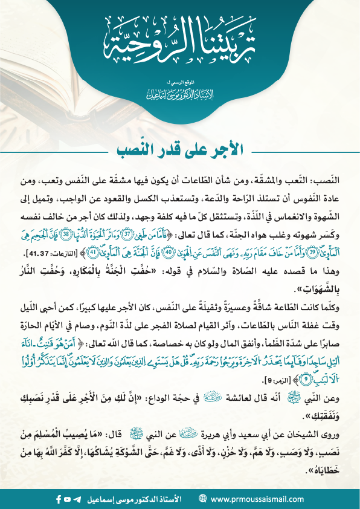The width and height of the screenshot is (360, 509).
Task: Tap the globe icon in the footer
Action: coord(202,499)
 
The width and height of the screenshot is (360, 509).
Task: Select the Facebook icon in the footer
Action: coord(59,499)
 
